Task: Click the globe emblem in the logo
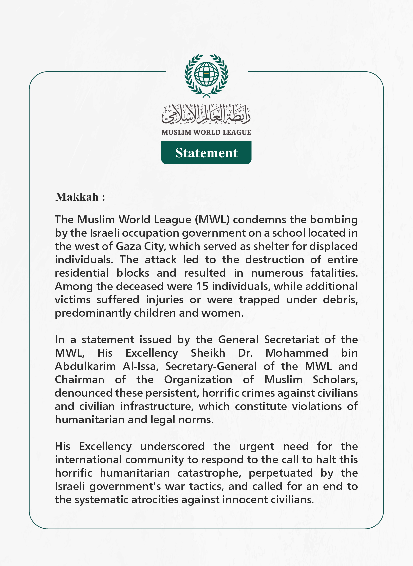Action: point(206,74)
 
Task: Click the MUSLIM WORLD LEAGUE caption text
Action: point(206,132)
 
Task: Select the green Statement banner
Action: point(206,153)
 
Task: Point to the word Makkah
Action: point(77,197)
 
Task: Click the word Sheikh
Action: point(208,353)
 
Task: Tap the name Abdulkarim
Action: point(85,366)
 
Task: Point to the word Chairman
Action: point(80,380)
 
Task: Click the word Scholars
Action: point(335,380)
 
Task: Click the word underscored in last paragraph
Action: point(172,446)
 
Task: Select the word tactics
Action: point(206,486)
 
